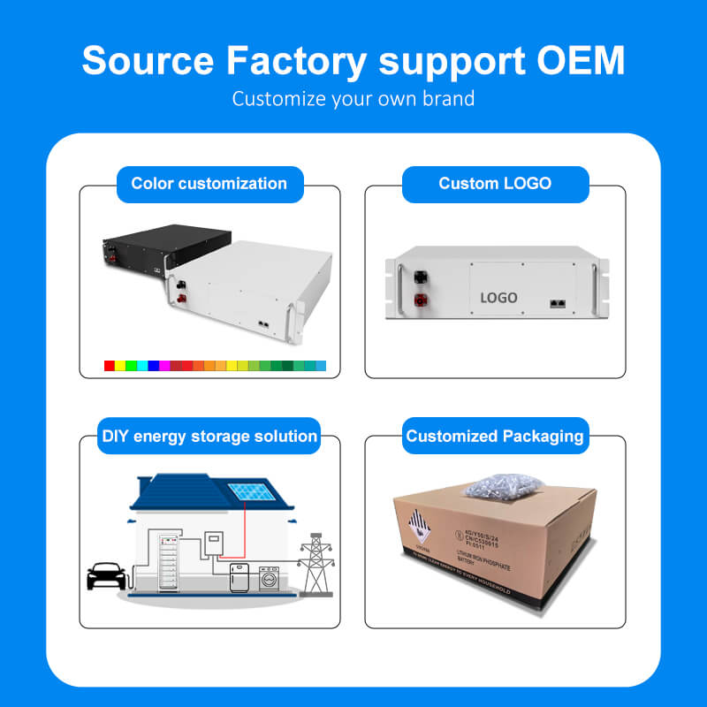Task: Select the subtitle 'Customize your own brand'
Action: [353, 98]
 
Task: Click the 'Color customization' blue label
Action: [209, 184]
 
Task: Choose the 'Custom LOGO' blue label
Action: [495, 184]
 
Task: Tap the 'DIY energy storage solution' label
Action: [209, 436]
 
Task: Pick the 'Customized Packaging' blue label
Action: [495, 436]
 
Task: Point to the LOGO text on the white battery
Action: [498, 298]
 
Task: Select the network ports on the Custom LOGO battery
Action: [558, 302]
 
